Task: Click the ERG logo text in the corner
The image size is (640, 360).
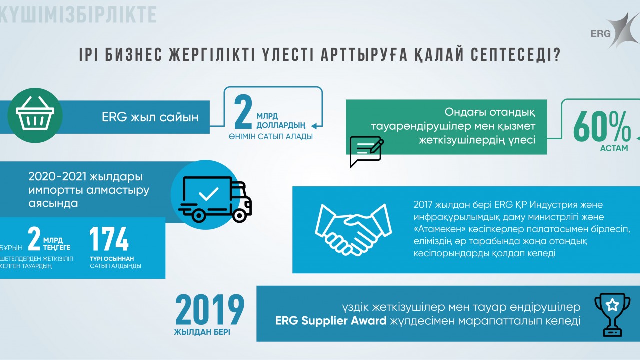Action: tap(601, 34)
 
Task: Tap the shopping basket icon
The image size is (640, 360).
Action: tap(35, 113)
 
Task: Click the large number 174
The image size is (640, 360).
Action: tap(109, 239)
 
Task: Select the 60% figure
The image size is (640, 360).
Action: tap(602, 127)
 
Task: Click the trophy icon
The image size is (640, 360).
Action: tap(612, 314)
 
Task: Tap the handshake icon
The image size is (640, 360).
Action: tap(353, 229)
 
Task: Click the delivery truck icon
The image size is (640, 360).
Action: tap(215, 199)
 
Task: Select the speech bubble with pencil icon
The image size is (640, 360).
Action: tap(367, 151)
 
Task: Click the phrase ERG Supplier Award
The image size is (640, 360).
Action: tap(331, 321)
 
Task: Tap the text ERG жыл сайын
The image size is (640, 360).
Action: tap(150, 117)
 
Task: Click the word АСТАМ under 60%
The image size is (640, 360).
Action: tap(614, 148)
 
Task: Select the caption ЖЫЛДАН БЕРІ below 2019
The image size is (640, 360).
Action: tap(202, 332)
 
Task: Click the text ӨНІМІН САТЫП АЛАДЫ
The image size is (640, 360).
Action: tap(270, 137)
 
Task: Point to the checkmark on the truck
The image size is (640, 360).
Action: tap(209, 194)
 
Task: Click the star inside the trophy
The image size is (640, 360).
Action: tap(612, 305)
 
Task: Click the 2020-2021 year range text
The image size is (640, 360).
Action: tap(57, 177)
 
